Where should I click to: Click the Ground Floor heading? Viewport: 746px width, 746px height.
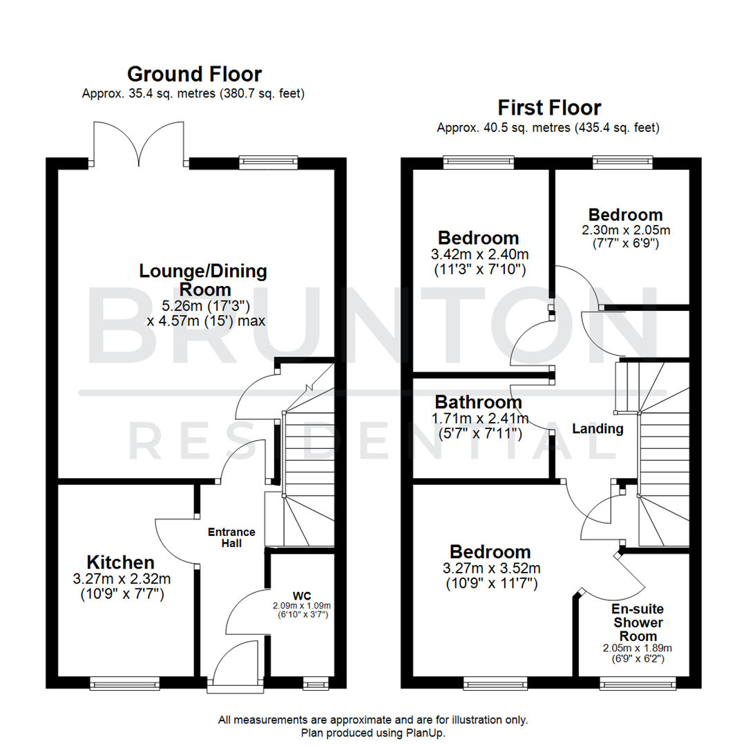tap(194, 74)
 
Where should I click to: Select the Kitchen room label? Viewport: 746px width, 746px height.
tap(120, 562)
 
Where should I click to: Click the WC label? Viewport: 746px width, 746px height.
tap(301, 595)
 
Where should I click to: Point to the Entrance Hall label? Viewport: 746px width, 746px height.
tap(232, 537)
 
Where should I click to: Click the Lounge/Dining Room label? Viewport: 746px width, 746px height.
tap(203, 280)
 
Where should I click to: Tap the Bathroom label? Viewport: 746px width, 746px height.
tap(478, 402)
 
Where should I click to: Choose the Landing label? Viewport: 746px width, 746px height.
tap(597, 429)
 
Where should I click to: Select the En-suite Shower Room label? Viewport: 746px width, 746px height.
tap(637, 622)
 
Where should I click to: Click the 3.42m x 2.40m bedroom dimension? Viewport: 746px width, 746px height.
tap(479, 254)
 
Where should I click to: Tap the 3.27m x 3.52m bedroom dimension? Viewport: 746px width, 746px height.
tap(490, 568)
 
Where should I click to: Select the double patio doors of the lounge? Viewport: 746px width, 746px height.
tap(139, 144)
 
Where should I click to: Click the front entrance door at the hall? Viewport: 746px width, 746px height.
tap(236, 667)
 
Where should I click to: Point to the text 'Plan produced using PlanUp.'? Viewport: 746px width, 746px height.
tap(373, 732)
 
